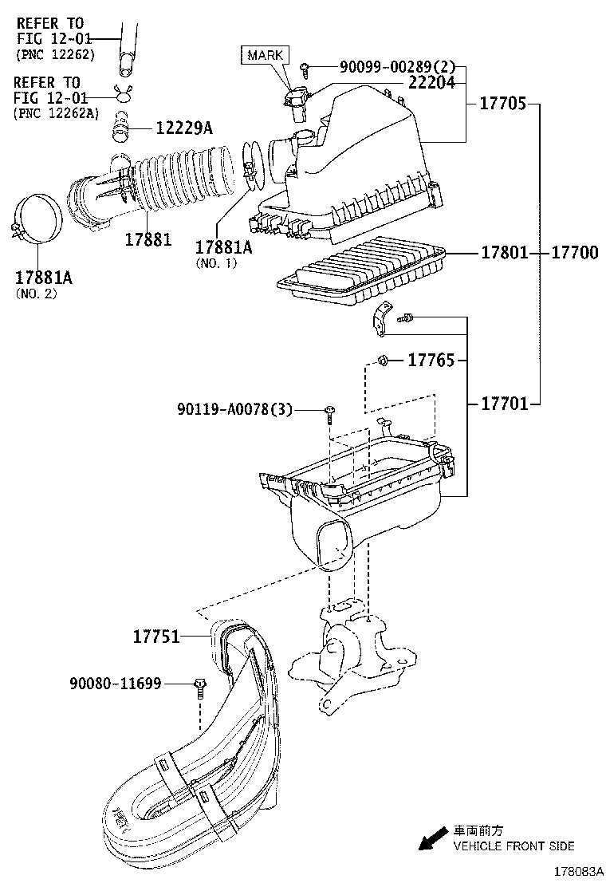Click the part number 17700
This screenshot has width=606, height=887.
575,253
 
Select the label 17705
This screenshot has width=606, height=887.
503,104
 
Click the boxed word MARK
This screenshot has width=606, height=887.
265,55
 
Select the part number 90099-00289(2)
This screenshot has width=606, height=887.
385,69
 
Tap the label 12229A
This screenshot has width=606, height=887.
183,128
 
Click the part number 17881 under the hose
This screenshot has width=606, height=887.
148,239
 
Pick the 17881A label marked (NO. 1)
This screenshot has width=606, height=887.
223,247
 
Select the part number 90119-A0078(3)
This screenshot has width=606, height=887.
235,410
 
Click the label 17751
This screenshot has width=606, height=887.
155,637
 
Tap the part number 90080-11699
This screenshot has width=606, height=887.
116,684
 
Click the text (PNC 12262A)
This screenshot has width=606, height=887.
56,113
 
